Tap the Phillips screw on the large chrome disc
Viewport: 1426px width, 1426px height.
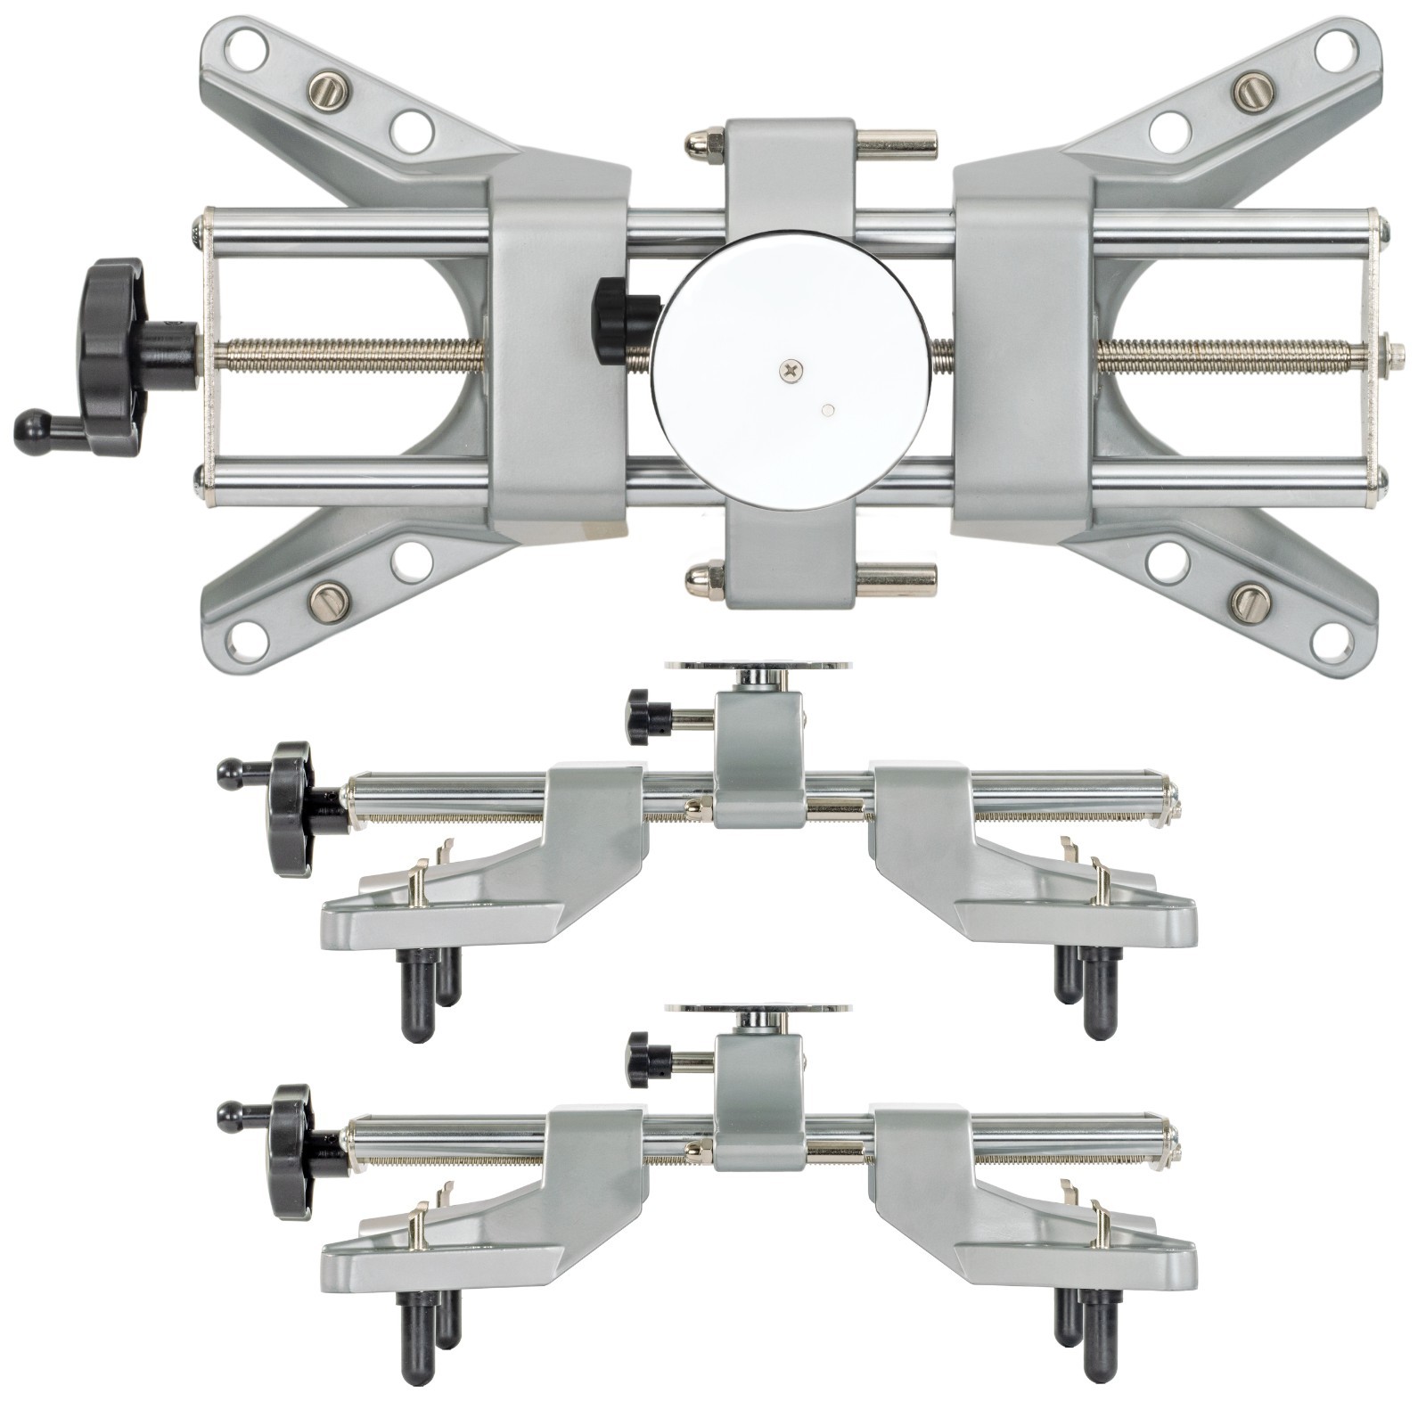(x=790, y=369)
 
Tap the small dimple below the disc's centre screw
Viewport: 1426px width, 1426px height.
(x=828, y=410)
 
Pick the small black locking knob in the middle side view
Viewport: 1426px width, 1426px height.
(x=639, y=717)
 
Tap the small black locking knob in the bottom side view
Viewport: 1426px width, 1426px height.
(x=639, y=1060)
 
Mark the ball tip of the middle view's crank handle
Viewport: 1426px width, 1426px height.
(x=228, y=773)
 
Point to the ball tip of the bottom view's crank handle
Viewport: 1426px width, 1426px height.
(x=228, y=1115)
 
